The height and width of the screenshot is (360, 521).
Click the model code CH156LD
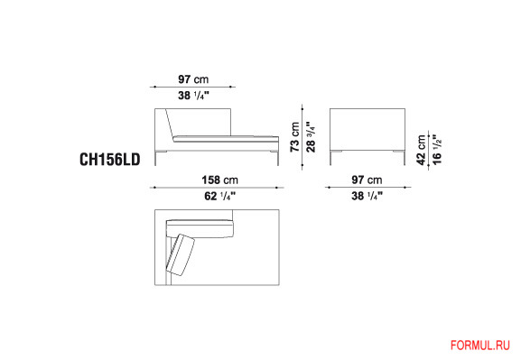[x=110, y=160]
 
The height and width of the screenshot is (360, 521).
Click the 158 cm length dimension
[x=220, y=180]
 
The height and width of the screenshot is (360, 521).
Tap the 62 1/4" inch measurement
[x=219, y=196]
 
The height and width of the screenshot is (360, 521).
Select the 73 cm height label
[x=294, y=137]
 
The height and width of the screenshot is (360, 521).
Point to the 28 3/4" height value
[x=311, y=136]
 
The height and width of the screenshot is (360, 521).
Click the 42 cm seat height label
[x=422, y=150]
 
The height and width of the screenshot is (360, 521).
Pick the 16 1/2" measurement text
[x=437, y=149]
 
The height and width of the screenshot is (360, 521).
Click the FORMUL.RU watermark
[x=480, y=346]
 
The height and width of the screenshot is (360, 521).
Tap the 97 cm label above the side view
[x=193, y=79]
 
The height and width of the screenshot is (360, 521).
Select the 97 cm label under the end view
[x=367, y=180]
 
